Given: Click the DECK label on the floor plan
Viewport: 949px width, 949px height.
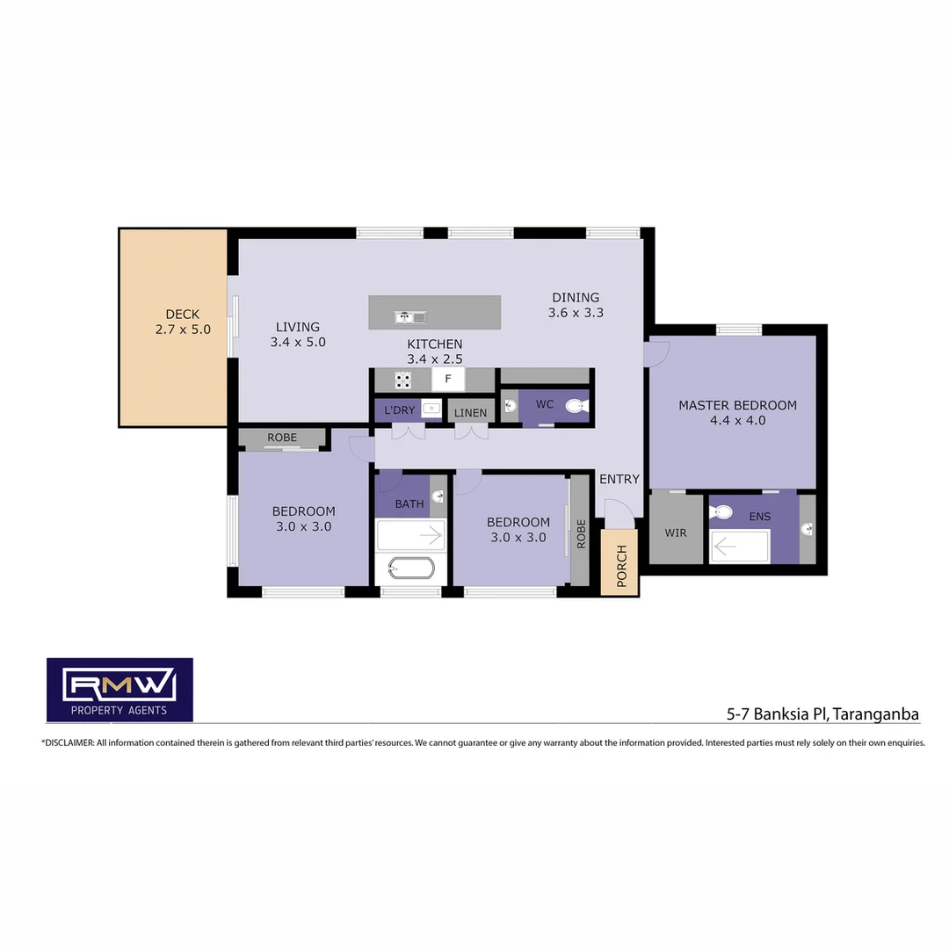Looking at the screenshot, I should [183, 322].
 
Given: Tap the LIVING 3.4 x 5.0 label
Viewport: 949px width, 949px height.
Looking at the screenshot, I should [298, 335].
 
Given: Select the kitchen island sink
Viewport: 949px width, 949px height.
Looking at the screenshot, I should [409, 316].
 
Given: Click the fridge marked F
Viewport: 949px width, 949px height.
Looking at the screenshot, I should [448, 380].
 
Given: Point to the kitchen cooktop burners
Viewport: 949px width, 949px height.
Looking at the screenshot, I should [402, 380].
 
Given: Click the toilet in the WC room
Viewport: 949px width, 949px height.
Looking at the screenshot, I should [576, 406].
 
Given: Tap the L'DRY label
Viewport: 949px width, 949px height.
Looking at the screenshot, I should [399, 410].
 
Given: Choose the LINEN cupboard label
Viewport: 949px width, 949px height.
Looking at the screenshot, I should [470, 413].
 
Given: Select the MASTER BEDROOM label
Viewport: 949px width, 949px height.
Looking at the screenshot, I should [737, 412].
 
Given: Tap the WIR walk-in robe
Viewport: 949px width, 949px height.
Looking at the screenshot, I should [676, 532].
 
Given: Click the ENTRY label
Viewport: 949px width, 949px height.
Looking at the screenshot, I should [619, 479].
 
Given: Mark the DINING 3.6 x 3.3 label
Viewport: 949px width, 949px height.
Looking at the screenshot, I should [576, 305].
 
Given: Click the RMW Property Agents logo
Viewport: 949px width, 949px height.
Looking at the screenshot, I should [120, 690].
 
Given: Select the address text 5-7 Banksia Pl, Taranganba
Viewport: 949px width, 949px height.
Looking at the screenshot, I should [822, 714].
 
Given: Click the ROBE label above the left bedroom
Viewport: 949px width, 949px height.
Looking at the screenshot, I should [282, 438].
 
